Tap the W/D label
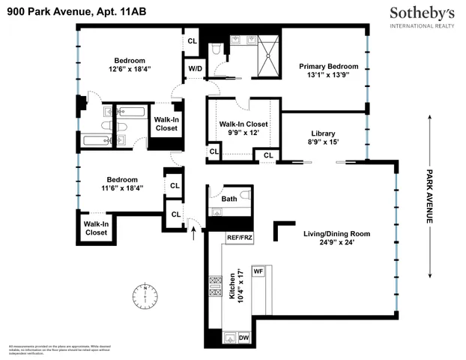click(x=194, y=69)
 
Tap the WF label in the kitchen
click(x=258, y=270)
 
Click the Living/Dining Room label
click(x=336, y=238)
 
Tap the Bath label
click(x=229, y=199)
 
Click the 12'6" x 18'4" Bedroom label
click(x=129, y=64)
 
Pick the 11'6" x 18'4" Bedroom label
click(x=121, y=184)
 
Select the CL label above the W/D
click(x=192, y=41)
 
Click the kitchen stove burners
click(x=215, y=288)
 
